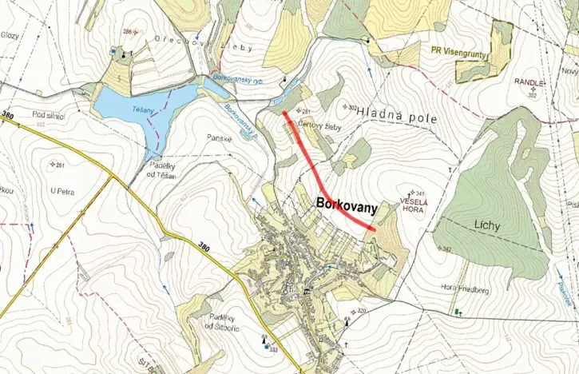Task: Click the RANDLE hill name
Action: pos(528,82)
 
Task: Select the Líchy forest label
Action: pos(485,225)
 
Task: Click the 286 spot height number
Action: pos(127,31)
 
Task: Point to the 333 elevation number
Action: pos(274,350)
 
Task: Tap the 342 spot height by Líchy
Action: pos(447,250)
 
